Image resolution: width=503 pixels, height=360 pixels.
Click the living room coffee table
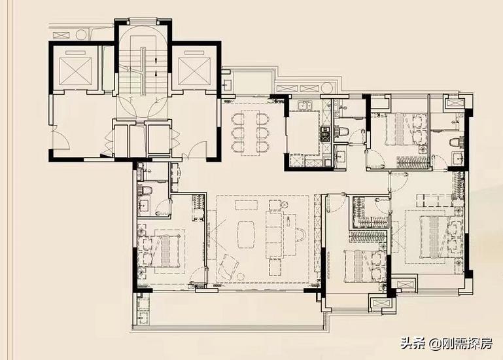click(247, 234)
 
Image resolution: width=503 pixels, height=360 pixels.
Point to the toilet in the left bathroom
click(147, 191)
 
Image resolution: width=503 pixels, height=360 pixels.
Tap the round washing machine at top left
click(82, 34)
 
